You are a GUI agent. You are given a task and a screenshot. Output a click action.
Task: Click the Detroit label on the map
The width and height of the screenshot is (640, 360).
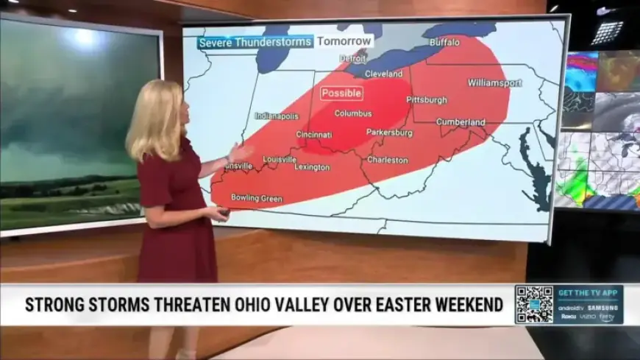point(352,58)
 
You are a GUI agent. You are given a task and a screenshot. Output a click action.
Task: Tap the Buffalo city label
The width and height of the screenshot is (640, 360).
point(445,42)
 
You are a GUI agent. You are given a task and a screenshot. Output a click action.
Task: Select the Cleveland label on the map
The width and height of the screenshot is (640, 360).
point(384,74)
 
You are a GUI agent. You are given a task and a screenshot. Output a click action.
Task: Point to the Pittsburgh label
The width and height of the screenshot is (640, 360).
point(427,99)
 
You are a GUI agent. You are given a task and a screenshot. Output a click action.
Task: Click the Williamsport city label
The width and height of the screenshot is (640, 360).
point(494,82)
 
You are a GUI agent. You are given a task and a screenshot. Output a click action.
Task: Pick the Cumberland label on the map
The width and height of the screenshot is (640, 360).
point(461,122)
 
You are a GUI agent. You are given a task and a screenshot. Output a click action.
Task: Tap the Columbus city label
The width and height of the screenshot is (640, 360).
point(353,113)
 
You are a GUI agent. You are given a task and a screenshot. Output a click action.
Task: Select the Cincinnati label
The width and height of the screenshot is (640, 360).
point(314,135)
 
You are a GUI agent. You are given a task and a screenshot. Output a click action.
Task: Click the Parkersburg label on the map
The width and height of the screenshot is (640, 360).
point(389,133)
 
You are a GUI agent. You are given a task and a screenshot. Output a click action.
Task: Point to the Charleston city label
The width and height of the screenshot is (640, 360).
point(388,160)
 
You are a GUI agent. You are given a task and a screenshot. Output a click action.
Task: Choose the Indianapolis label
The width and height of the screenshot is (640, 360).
point(277,116)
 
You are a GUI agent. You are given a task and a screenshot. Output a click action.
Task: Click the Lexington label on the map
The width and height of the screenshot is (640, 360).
point(313,167)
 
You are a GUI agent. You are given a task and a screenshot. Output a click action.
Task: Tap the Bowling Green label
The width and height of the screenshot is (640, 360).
point(257,197)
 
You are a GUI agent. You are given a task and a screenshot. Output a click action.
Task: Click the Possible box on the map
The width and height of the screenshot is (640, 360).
point(341,93)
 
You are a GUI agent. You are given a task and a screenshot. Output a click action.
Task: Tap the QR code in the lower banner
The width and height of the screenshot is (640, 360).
point(533,304)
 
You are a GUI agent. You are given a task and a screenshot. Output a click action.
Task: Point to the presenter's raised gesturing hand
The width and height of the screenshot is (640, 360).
point(238,152)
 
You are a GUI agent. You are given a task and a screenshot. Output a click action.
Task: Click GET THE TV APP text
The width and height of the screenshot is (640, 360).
point(589,293)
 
